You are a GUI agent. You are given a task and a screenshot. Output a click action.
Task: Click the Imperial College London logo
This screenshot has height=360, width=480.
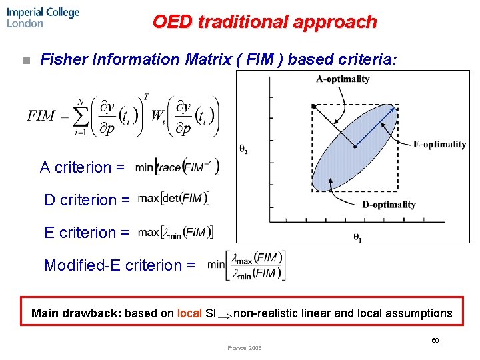click(43, 17)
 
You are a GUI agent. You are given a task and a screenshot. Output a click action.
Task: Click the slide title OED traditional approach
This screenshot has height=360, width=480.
click(265, 22)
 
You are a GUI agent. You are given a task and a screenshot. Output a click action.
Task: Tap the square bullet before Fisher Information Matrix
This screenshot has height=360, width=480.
click(26, 61)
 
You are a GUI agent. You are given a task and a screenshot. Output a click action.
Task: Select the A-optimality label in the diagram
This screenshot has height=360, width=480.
click(343, 79)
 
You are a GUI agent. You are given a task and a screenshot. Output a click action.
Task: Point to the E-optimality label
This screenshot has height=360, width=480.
click(439, 144)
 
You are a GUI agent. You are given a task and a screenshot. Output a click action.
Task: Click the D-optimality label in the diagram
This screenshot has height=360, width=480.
click(389, 205)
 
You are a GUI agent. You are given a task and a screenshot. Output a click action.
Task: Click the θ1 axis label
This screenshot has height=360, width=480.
click(358, 237)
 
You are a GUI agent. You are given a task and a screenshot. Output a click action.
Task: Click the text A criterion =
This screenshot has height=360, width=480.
click(82, 167)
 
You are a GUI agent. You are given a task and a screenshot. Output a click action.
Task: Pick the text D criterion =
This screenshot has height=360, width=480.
click(87, 200)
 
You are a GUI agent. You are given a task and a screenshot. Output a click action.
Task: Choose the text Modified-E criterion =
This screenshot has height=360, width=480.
click(119, 265)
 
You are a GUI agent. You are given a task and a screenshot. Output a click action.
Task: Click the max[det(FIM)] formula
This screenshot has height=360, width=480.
click(174, 199)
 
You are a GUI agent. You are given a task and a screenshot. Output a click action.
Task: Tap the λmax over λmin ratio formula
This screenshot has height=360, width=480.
click(257, 265)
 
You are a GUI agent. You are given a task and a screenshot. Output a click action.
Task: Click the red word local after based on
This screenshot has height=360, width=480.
click(189, 313)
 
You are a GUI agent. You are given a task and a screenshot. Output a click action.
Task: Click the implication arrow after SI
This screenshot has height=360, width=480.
click(225, 314)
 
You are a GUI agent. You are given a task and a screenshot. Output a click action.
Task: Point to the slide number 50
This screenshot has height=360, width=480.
click(435, 341)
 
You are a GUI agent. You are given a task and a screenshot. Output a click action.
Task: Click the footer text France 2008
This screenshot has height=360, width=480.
click(245, 348)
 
